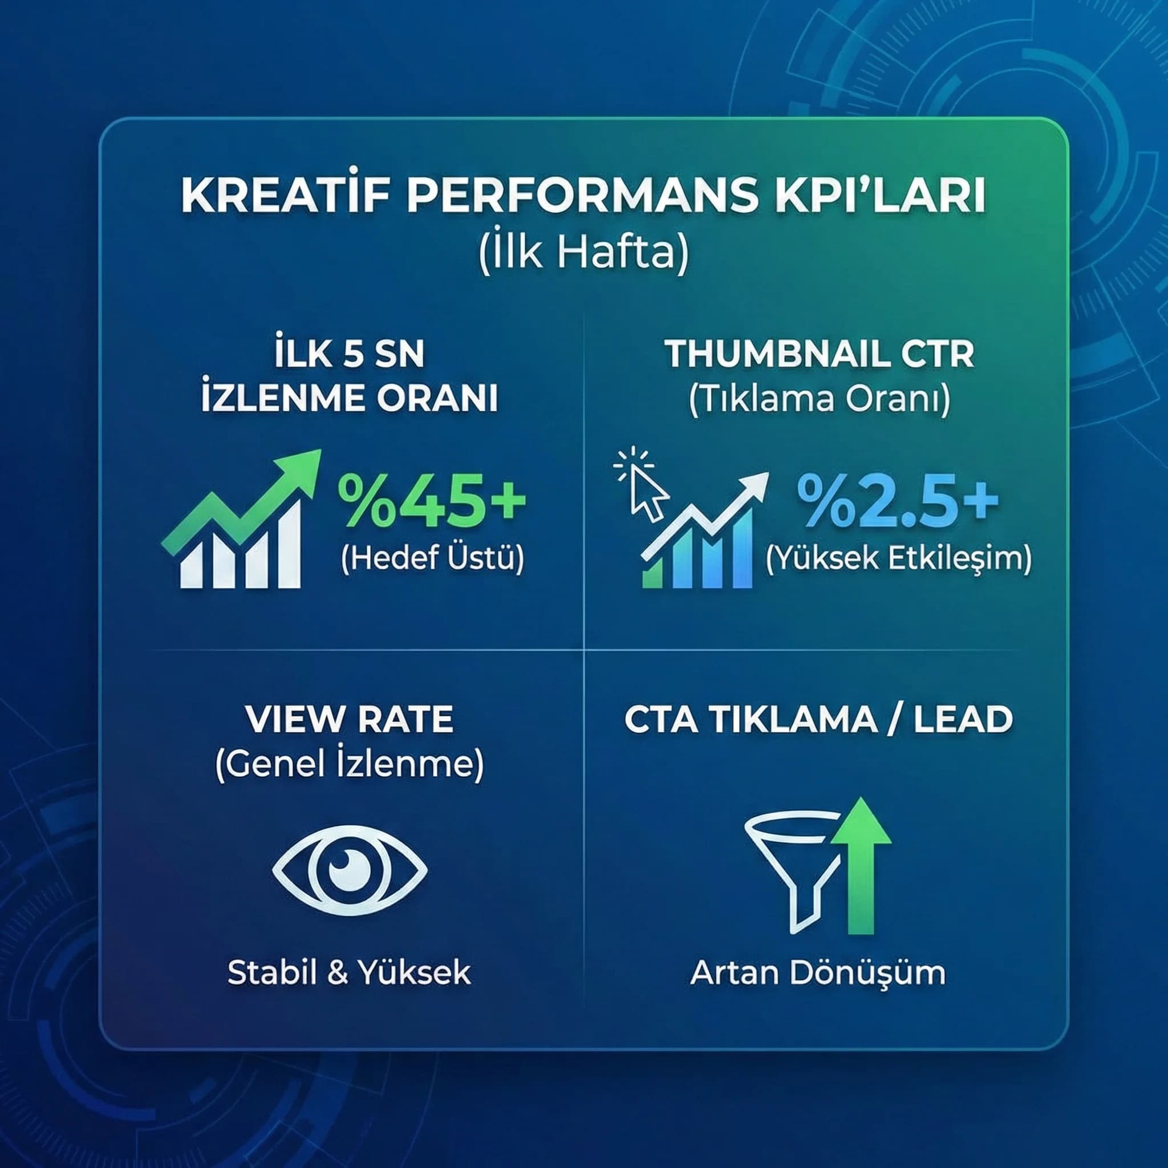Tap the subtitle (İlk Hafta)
[x=583, y=255]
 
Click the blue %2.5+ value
[x=897, y=501]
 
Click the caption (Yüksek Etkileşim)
[x=898, y=558]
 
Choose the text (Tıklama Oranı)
[x=820, y=400]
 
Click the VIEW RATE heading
[x=350, y=719]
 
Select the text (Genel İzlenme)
[x=350, y=765]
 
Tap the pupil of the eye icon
[x=350, y=869]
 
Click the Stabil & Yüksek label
[x=350, y=973]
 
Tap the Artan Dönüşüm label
[x=818, y=973]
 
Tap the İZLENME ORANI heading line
[x=350, y=400]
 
